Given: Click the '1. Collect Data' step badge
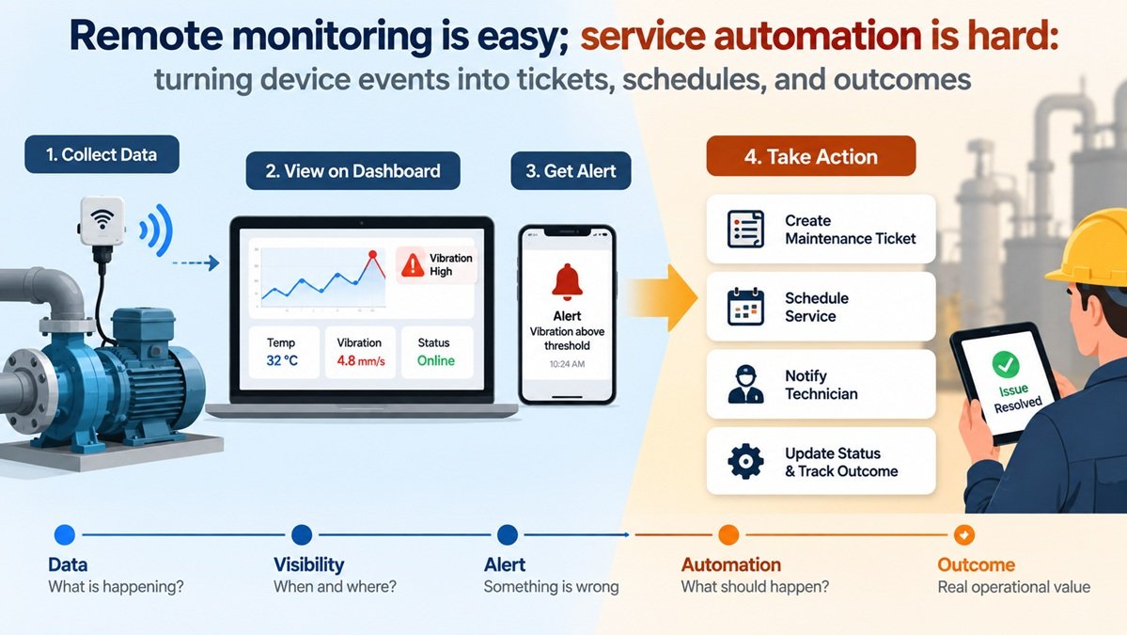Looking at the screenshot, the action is (x=102, y=154).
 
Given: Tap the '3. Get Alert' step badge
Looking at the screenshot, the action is (x=571, y=170).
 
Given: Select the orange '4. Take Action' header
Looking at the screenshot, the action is (x=811, y=156).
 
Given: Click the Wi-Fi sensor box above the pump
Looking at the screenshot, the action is (x=102, y=221).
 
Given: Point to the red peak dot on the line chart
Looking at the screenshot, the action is (x=372, y=255).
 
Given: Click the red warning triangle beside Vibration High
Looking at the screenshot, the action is (x=413, y=264).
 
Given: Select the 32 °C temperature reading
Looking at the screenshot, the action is (x=282, y=360).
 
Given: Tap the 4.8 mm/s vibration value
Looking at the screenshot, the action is (x=361, y=360).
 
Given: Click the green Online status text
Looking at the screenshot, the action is (x=436, y=360).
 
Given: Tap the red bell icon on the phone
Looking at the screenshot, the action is (x=567, y=282).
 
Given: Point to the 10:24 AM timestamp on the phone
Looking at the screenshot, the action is (x=567, y=364).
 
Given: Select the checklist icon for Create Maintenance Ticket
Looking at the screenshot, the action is (x=745, y=230).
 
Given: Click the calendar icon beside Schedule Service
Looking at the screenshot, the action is (x=745, y=307).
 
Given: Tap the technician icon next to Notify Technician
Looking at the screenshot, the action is (x=745, y=384).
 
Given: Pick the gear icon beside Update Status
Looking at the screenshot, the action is (x=745, y=461).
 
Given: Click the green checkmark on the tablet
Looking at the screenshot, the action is (x=1006, y=365).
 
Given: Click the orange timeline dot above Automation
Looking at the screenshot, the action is (x=728, y=535).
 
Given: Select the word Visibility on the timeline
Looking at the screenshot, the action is (x=309, y=564).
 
